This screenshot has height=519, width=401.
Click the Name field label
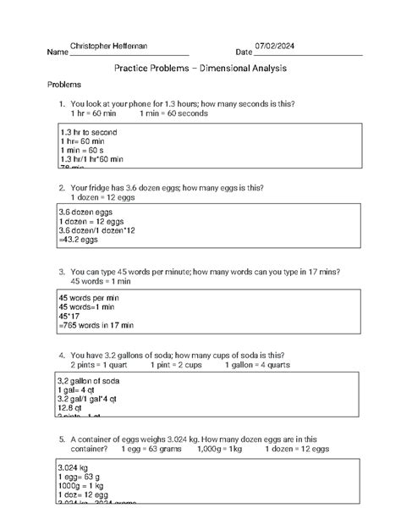coord(58,52)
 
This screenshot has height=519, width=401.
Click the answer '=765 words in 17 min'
coord(95,325)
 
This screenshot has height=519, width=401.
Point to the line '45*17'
coord(70,315)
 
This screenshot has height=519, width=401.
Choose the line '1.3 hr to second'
coord(89,133)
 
